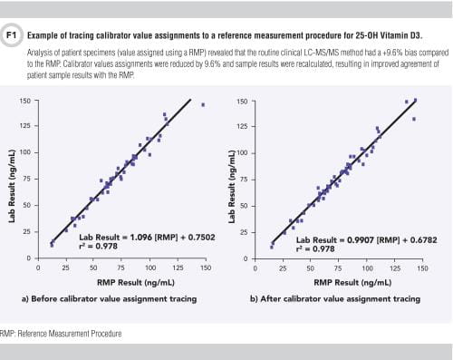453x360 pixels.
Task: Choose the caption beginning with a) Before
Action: (x=109, y=297)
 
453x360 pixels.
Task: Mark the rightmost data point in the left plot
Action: (x=203, y=104)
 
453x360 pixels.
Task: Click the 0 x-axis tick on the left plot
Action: (x=39, y=268)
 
